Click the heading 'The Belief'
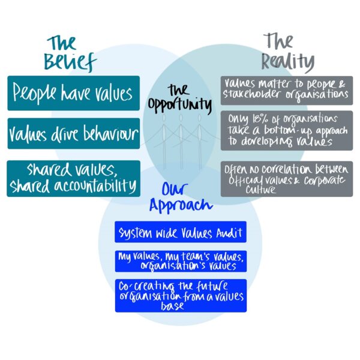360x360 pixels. tap(71, 53)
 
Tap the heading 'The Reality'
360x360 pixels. tap(287, 53)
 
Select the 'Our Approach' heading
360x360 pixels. tap(181, 197)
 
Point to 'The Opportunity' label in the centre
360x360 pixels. tap(181, 98)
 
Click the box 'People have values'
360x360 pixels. tap(73, 93)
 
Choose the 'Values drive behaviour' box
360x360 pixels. tap(73, 134)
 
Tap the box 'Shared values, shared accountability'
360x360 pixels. tap(73, 178)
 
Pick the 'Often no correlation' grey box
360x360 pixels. tap(286, 179)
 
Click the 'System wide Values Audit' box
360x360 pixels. tap(181, 232)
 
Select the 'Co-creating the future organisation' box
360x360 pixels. tap(181, 295)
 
